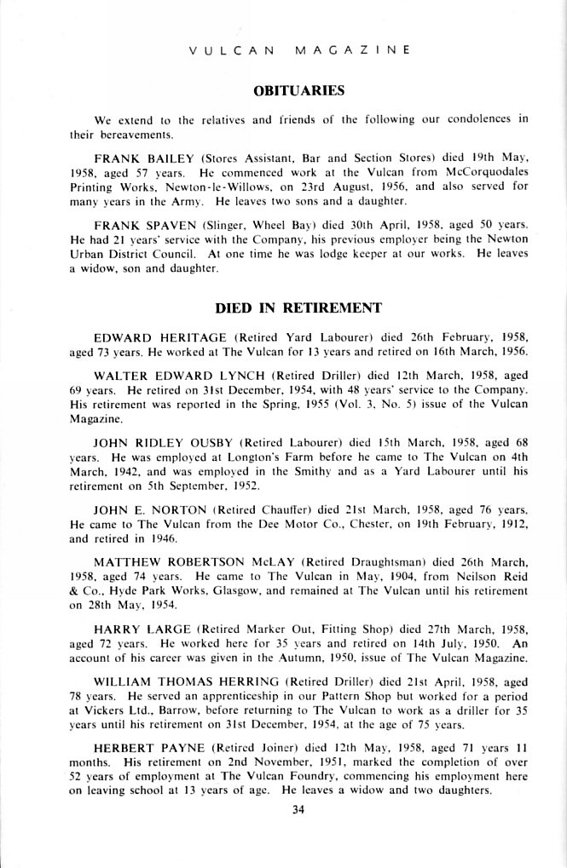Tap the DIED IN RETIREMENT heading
coord(298,308)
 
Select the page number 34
coord(298,810)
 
